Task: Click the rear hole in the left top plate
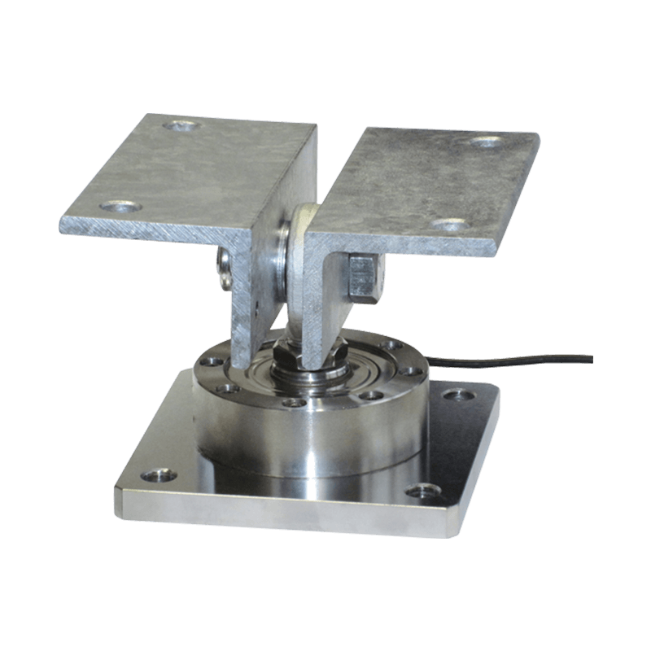click(181, 127)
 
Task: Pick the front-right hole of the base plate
click(422, 491)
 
